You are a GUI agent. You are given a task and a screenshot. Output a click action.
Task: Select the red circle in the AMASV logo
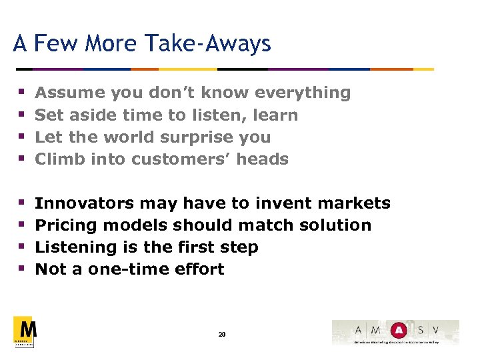398,329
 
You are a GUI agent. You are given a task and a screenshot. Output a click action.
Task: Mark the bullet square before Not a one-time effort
21,269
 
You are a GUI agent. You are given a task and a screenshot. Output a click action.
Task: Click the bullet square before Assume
21,93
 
